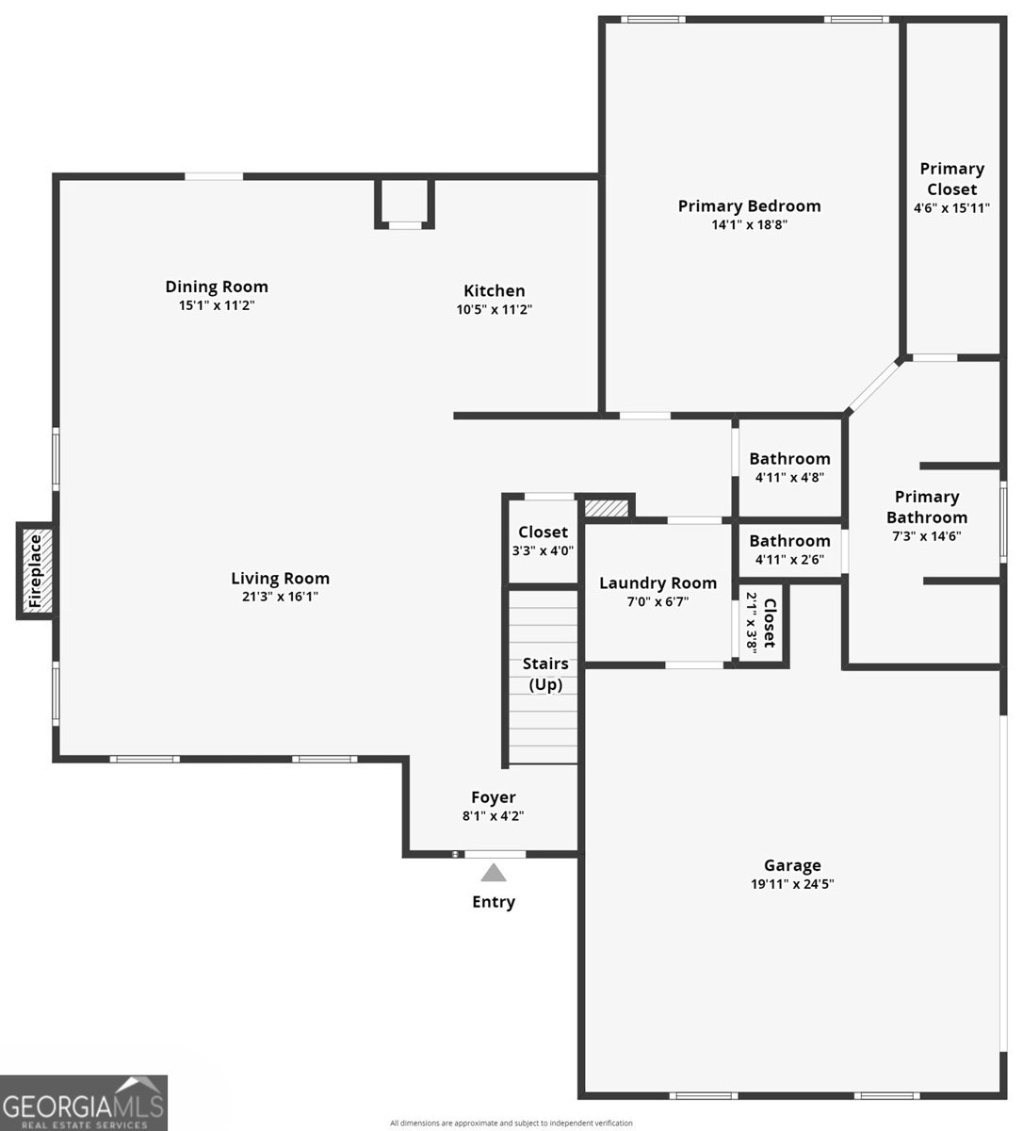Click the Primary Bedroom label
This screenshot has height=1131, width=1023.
pyautogui.click(x=749, y=206)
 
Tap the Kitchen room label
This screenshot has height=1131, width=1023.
pyautogui.click(x=494, y=290)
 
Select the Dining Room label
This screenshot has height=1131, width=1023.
pyautogui.click(x=217, y=287)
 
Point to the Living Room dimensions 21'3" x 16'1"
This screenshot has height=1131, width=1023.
pyautogui.click(x=280, y=596)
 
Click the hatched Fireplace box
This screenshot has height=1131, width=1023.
pyautogui.click(x=35, y=570)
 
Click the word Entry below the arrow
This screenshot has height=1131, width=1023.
pyautogui.click(x=494, y=902)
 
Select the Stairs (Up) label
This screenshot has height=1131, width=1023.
pyautogui.click(x=545, y=674)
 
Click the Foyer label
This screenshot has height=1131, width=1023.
pyautogui.click(x=493, y=797)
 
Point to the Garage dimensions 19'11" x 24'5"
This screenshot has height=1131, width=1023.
pyautogui.click(x=792, y=884)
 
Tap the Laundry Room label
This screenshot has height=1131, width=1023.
pyautogui.click(x=658, y=583)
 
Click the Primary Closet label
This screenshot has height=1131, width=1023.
pyautogui.click(x=951, y=178)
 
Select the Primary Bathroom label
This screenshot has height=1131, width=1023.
pyautogui.click(x=926, y=506)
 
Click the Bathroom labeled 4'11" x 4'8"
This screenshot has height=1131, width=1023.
pyautogui.click(x=789, y=459)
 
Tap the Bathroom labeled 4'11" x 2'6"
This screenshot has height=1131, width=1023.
pyautogui.click(x=789, y=541)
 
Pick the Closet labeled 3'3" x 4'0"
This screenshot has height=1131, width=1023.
pyautogui.click(x=543, y=533)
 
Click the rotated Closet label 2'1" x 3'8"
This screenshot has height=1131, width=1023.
pyautogui.click(x=769, y=622)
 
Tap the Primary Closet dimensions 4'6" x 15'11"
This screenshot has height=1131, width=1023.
pyautogui.click(x=951, y=208)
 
